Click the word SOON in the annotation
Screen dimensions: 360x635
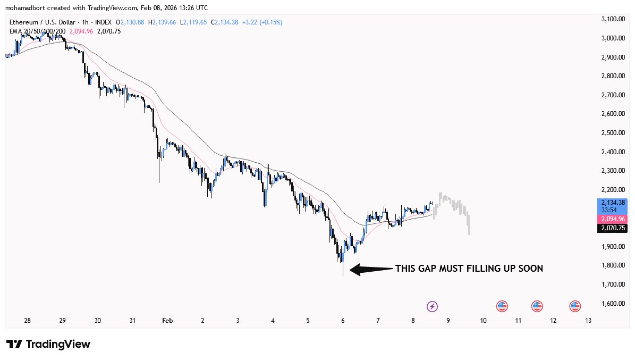(x=531, y=269)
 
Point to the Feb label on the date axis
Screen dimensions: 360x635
(x=167, y=321)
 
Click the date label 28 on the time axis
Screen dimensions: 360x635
(x=27, y=321)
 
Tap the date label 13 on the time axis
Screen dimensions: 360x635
(x=588, y=321)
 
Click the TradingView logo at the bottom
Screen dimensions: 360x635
(x=48, y=344)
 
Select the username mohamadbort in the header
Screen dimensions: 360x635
(x=27, y=8)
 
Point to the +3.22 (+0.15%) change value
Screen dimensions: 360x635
(x=262, y=22)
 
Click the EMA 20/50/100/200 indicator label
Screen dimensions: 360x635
(x=37, y=31)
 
